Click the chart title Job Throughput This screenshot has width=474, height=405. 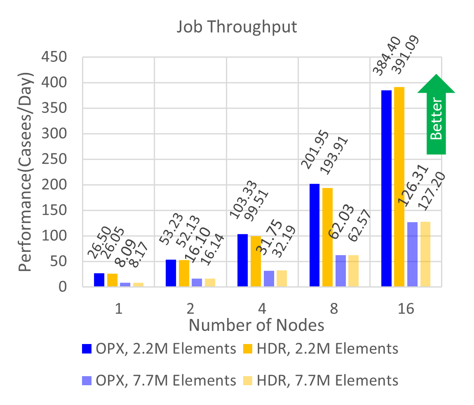[237, 27]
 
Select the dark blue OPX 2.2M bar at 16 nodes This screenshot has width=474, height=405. [386, 188]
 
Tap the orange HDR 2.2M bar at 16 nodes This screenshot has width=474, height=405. [399, 186]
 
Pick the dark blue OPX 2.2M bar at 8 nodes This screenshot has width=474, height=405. [314, 235]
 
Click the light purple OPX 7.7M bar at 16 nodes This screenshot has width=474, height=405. [412, 254]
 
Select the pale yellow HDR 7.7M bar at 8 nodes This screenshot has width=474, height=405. [353, 270]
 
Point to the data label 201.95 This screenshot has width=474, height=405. [315, 150]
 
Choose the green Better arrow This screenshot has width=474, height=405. [436, 114]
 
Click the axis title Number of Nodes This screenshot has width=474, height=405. [256, 325]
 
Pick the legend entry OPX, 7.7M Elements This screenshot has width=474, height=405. [159, 380]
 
